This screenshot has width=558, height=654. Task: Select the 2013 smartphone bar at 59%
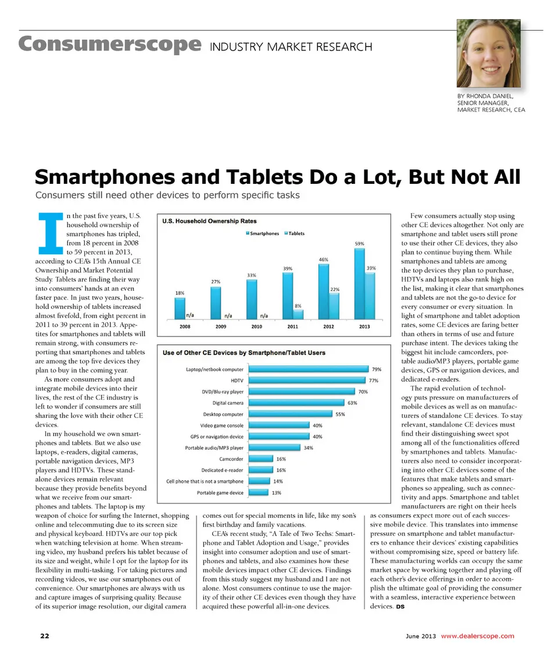[x=359, y=283]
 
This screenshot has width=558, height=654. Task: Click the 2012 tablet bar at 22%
[x=334, y=305]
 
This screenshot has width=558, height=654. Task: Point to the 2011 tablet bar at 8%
[x=298, y=314]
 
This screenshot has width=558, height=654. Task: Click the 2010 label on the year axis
[x=256, y=326]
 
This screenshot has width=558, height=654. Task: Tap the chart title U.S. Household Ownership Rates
[x=209, y=221]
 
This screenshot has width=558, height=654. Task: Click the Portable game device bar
[x=257, y=492]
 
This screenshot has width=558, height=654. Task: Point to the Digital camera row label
[x=227, y=403]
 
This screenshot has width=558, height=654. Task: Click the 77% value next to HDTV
[x=374, y=381]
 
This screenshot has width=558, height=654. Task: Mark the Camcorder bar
[x=259, y=458]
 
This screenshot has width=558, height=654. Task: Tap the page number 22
[x=44, y=635]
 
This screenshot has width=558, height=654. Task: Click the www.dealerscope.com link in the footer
[x=478, y=635]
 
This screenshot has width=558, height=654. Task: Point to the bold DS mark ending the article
[x=400, y=608]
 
